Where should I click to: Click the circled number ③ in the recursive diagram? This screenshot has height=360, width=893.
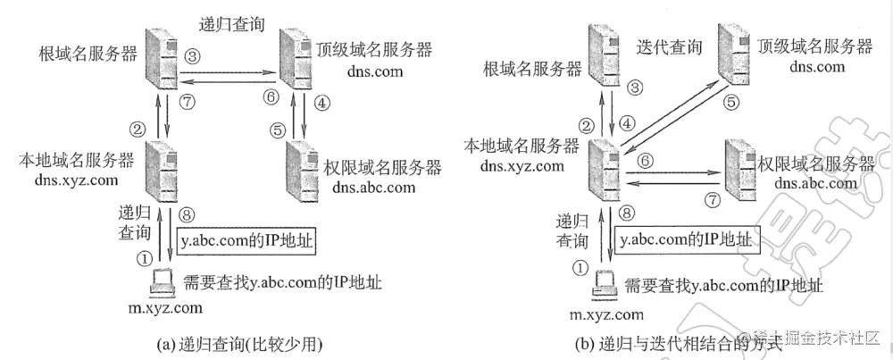192,55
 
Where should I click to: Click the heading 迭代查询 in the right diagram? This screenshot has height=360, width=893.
666,45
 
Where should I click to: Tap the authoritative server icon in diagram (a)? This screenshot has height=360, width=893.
301,168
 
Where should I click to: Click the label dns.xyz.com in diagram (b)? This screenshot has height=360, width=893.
522,165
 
